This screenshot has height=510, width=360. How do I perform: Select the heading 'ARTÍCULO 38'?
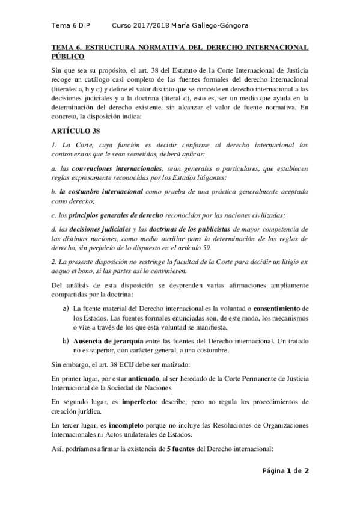(72, 131)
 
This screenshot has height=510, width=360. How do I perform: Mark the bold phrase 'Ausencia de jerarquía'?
(107, 342)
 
